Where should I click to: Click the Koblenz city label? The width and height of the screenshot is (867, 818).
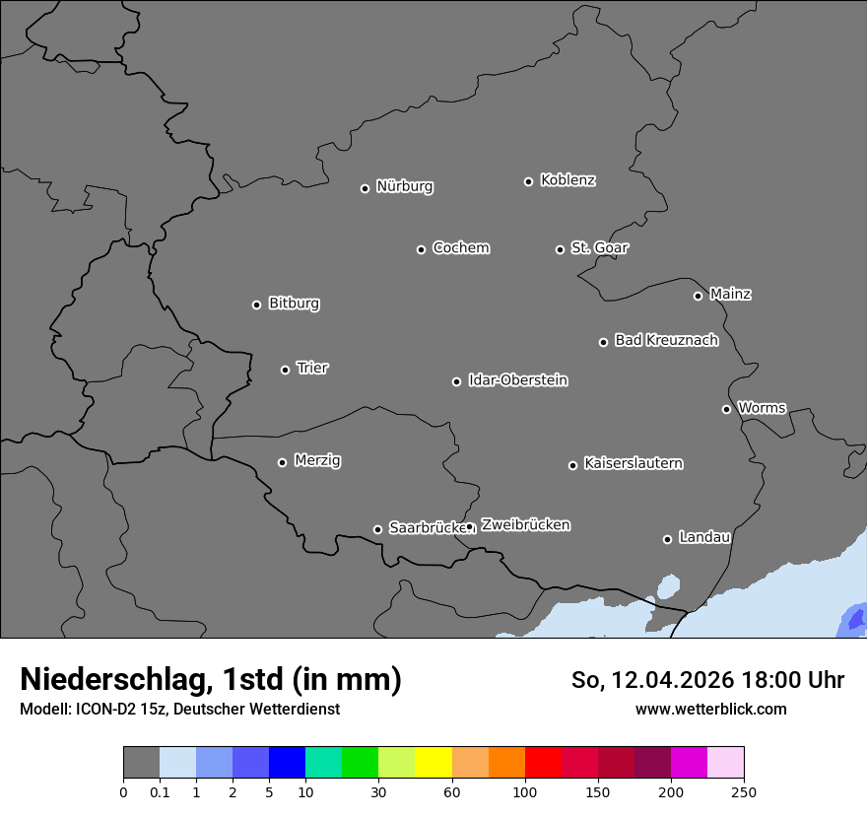[x=567, y=180]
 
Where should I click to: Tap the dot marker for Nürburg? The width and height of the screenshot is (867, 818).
[x=365, y=188]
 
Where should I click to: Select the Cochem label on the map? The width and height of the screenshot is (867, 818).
[x=461, y=247]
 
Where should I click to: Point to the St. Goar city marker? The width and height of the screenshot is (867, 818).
[x=560, y=249]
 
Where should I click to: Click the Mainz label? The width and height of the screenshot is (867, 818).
[x=730, y=294]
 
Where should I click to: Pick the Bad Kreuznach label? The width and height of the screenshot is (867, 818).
[x=666, y=340]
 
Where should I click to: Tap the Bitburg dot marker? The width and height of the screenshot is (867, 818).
[x=256, y=305]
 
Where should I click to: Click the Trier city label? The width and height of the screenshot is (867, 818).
[x=312, y=368]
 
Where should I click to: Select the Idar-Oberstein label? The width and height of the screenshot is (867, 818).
[x=517, y=379]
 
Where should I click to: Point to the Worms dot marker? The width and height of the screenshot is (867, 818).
[x=726, y=409]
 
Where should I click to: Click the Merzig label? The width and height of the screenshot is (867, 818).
[x=317, y=460]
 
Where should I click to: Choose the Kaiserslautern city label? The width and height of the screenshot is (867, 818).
[x=633, y=463]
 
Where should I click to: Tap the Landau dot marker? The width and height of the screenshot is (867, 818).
[x=667, y=539]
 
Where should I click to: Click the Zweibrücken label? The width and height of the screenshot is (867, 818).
[x=525, y=525]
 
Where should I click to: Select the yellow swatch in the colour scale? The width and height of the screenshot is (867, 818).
[x=433, y=763]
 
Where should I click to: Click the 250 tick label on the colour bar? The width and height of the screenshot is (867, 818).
[x=744, y=791]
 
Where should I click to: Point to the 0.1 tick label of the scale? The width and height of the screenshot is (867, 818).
[x=160, y=791]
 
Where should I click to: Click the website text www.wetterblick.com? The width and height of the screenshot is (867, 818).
[x=710, y=709]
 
